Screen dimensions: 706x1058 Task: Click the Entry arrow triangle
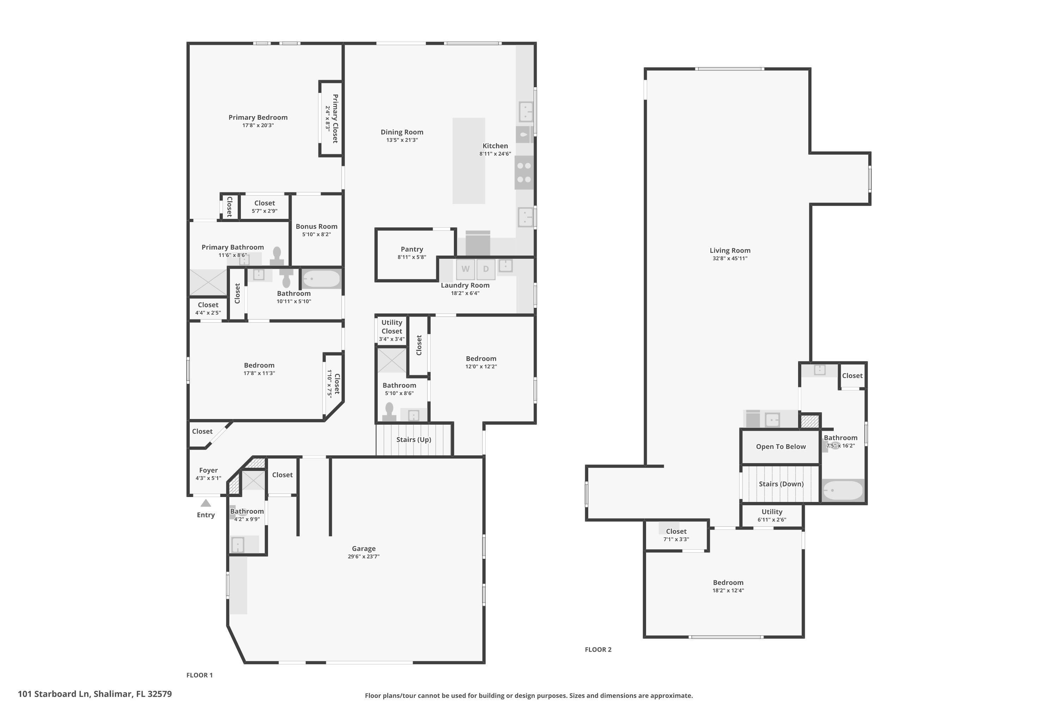coord(206,503)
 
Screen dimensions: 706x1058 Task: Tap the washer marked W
coord(465,269)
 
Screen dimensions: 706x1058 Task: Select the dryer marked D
coord(486,269)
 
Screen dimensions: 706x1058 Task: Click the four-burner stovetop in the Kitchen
coord(524,173)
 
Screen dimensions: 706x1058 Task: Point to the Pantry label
coord(412,249)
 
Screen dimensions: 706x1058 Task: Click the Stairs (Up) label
coord(413,439)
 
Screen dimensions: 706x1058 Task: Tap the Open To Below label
coord(780,447)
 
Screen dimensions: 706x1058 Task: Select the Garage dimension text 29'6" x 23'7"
coord(364,557)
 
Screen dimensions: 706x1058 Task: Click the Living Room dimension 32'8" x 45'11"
coord(730,258)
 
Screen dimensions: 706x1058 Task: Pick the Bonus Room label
coord(316,227)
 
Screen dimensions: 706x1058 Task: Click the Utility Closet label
coord(391,327)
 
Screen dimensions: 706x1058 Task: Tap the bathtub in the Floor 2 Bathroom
coord(843,490)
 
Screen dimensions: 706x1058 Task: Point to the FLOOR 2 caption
coord(598,649)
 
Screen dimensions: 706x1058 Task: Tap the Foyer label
coord(208,470)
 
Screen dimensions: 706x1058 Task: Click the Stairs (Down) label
coord(781,484)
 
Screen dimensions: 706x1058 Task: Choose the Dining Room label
coord(402,132)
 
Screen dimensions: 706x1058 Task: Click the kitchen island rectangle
coord(468,161)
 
